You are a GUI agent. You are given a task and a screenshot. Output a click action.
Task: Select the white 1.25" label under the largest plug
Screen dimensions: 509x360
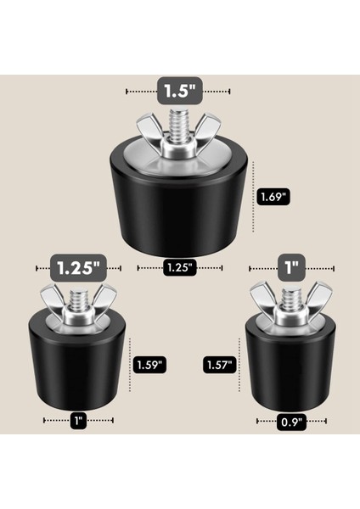[179, 267]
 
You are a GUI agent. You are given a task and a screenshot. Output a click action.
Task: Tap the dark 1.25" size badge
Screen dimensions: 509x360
[79, 266]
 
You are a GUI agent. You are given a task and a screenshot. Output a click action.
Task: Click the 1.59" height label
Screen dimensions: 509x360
[149, 365]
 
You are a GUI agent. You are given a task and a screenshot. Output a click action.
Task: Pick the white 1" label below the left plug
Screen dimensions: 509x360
[78, 419]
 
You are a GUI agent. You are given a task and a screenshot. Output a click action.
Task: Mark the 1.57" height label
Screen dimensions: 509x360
[219, 365]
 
